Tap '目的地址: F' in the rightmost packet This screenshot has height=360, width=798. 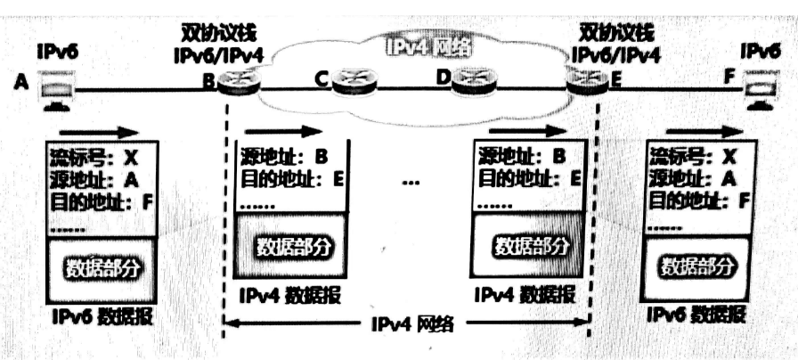[697, 199]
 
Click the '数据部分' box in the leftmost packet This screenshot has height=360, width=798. [102, 267]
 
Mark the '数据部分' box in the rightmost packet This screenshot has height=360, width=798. [696, 266]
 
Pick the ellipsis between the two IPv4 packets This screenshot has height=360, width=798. [411, 184]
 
